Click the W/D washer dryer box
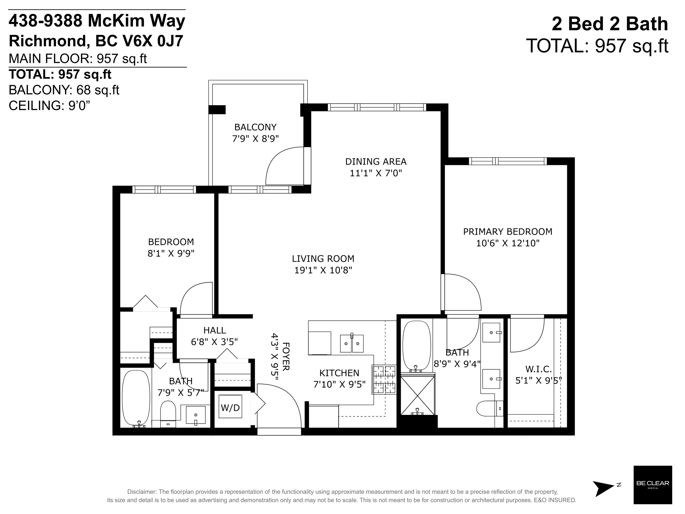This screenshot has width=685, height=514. (230, 406)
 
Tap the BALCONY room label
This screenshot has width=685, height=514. (255, 127)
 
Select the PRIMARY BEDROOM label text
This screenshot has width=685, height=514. (507, 232)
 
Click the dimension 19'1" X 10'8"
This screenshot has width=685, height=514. (323, 270)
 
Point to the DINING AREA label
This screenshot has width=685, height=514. (376, 162)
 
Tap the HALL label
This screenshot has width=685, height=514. (215, 330)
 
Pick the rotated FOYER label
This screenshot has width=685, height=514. (286, 356)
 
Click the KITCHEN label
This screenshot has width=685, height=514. (339, 373)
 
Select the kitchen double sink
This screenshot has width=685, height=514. (352, 343)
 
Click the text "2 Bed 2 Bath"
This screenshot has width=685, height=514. (610, 24)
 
